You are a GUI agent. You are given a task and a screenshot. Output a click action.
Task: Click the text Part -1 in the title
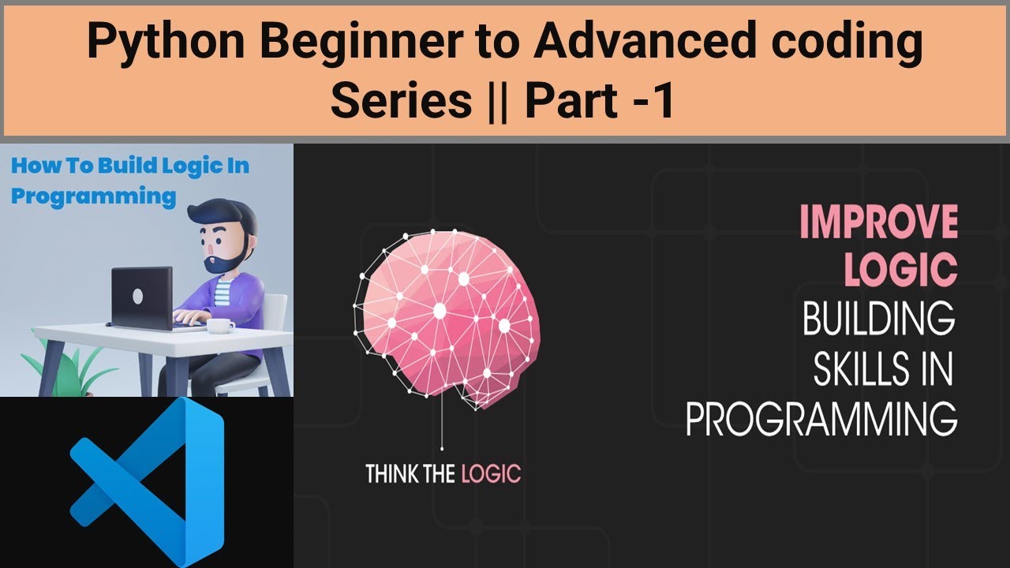[x=600, y=102]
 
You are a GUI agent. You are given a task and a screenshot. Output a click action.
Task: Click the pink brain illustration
[x=446, y=316]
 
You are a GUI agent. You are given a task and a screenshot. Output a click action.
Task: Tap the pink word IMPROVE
[x=878, y=222]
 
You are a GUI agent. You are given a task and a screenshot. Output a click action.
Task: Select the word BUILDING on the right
[x=878, y=319]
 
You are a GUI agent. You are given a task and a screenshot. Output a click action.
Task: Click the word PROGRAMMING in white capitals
[x=821, y=420]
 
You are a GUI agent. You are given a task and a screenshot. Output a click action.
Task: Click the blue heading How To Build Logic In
[x=130, y=166]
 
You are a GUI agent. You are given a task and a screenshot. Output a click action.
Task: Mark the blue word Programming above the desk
[x=93, y=196]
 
